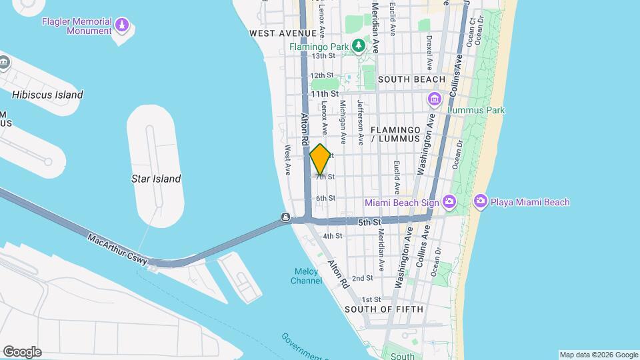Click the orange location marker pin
click(x=320, y=159)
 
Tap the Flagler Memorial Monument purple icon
click(x=121, y=26)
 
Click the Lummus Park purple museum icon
click(x=435, y=100)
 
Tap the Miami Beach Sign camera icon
click(x=449, y=201)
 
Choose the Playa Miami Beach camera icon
click(x=480, y=201)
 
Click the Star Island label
click(x=156, y=179)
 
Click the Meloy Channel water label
click(x=307, y=276)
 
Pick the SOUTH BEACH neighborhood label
click(x=411, y=79)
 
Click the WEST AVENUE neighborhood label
click(x=282, y=33)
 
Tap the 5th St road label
click(x=368, y=221)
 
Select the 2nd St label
click(x=362, y=278)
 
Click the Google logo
click(x=22, y=352)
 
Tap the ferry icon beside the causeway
click(x=285, y=217)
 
